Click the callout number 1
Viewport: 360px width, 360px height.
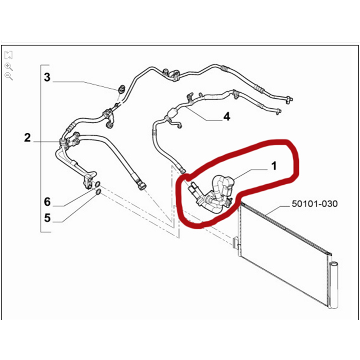coord(274,166)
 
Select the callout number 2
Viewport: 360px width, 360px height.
coord(27,138)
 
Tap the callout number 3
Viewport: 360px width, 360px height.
coord(48,77)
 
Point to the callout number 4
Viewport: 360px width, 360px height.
coord(226,117)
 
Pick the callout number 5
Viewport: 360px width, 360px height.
coord(47,218)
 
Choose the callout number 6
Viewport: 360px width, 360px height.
coord(47,202)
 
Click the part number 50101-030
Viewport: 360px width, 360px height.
coord(314,204)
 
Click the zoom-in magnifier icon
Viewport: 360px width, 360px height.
coord(9,66)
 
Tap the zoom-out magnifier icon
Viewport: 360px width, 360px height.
coord(9,76)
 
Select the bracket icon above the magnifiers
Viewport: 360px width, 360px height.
coord(9,55)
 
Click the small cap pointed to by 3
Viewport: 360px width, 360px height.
coord(122,88)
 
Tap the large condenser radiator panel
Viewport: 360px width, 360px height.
coord(284,252)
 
